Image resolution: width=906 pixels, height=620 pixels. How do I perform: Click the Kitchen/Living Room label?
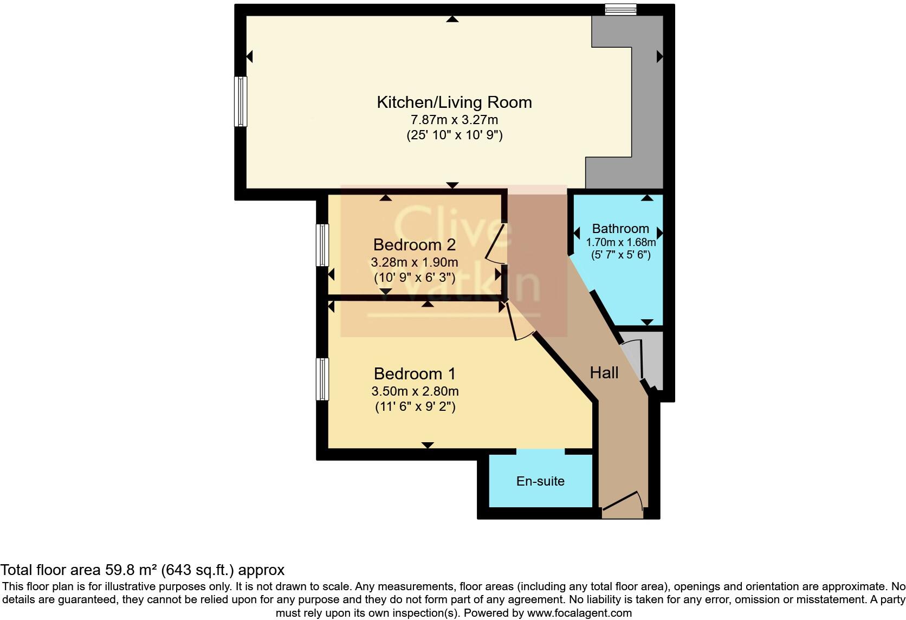(454, 102)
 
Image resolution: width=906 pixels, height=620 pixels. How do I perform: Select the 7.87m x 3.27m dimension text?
(454, 119)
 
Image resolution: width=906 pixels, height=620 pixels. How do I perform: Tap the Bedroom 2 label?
(414, 245)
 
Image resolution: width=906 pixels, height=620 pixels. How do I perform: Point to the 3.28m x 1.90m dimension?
(414, 262)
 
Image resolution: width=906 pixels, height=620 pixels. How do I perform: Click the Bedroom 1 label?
(415, 374)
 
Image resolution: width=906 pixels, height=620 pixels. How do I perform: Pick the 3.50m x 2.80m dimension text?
(415, 391)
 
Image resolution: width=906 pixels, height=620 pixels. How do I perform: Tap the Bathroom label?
(620, 229)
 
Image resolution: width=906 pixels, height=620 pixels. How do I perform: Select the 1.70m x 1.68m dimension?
(620, 242)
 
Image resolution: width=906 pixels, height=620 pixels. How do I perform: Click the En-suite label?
(540, 481)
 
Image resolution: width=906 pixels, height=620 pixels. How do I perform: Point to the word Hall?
(604, 373)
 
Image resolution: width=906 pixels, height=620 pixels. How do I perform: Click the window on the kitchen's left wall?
(241, 101)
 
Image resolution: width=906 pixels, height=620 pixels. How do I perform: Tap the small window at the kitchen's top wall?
(620, 9)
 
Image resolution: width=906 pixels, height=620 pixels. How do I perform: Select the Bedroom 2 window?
(322, 245)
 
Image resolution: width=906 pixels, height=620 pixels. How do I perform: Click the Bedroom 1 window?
(322, 379)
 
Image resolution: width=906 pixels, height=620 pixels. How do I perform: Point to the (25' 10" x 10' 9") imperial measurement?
(454, 135)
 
